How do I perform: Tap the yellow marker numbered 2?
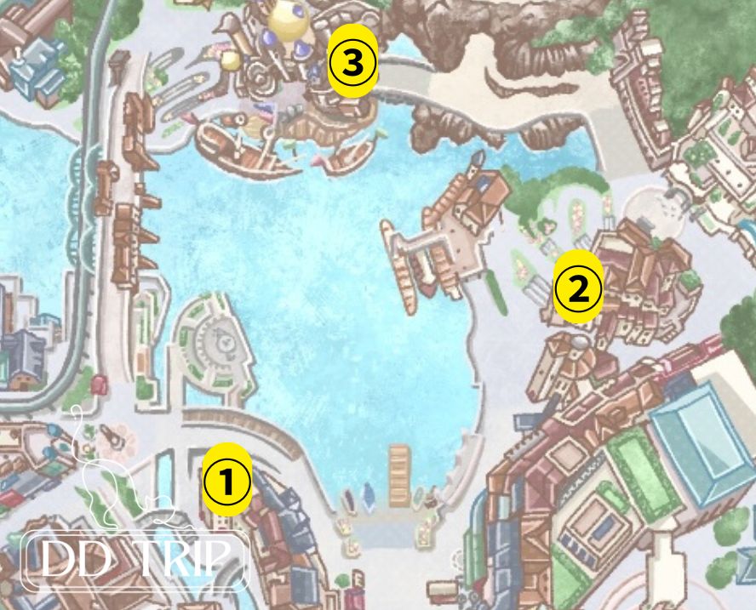(x=578, y=289)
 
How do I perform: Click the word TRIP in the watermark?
(x=184, y=560)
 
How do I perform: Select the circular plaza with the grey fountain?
(x=216, y=340)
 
